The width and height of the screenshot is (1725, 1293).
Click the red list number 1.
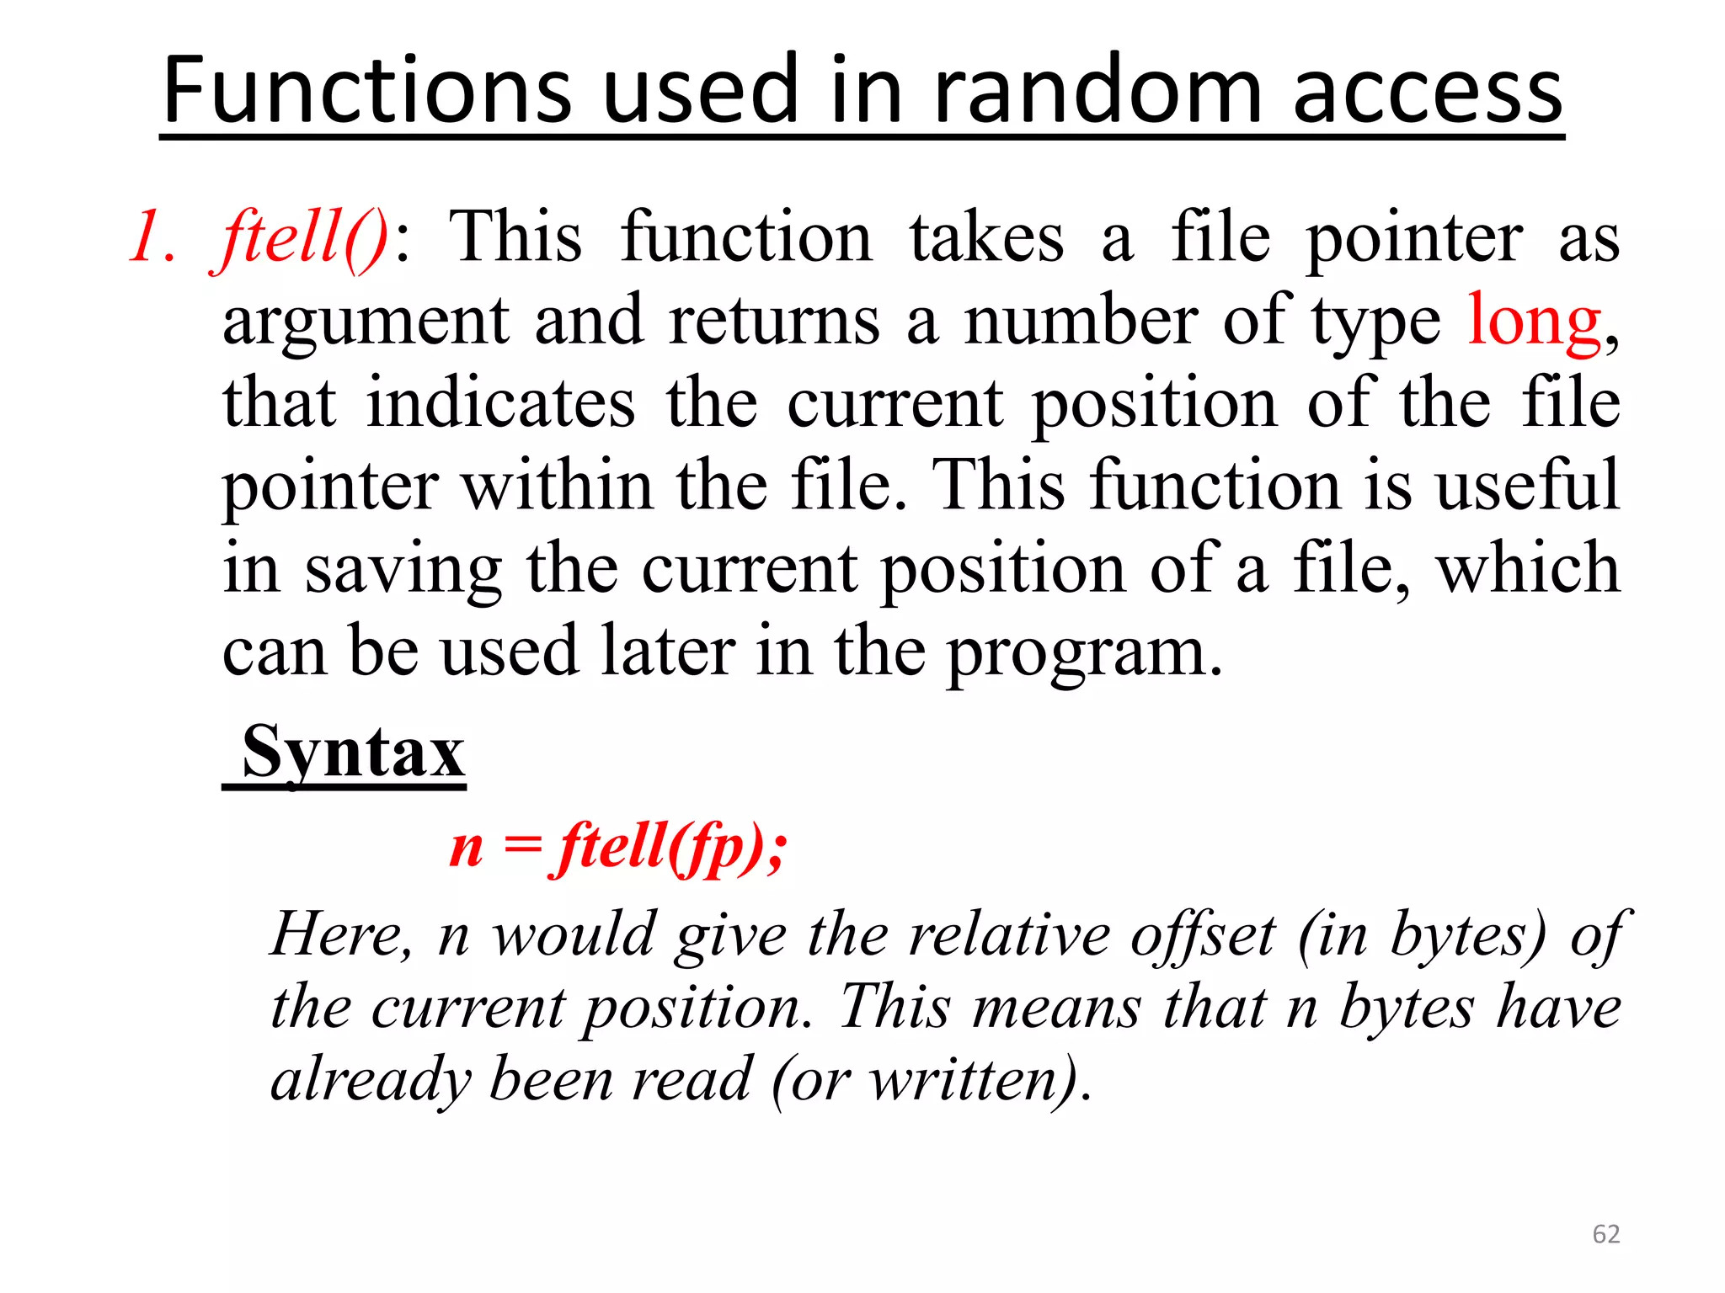click(x=152, y=237)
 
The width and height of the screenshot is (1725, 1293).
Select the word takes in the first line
click(x=986, y=237)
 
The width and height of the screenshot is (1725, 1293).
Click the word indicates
click(x=500, y=403)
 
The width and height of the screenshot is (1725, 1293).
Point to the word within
click(x=557, y=486)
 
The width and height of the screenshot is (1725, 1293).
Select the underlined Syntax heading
click(x=353, y=752)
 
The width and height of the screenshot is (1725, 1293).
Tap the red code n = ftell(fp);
click(x=618, y=846)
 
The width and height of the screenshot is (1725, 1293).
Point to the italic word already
click(x=371, y=1080)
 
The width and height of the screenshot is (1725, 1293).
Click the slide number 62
click(x=1606, y=1234)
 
